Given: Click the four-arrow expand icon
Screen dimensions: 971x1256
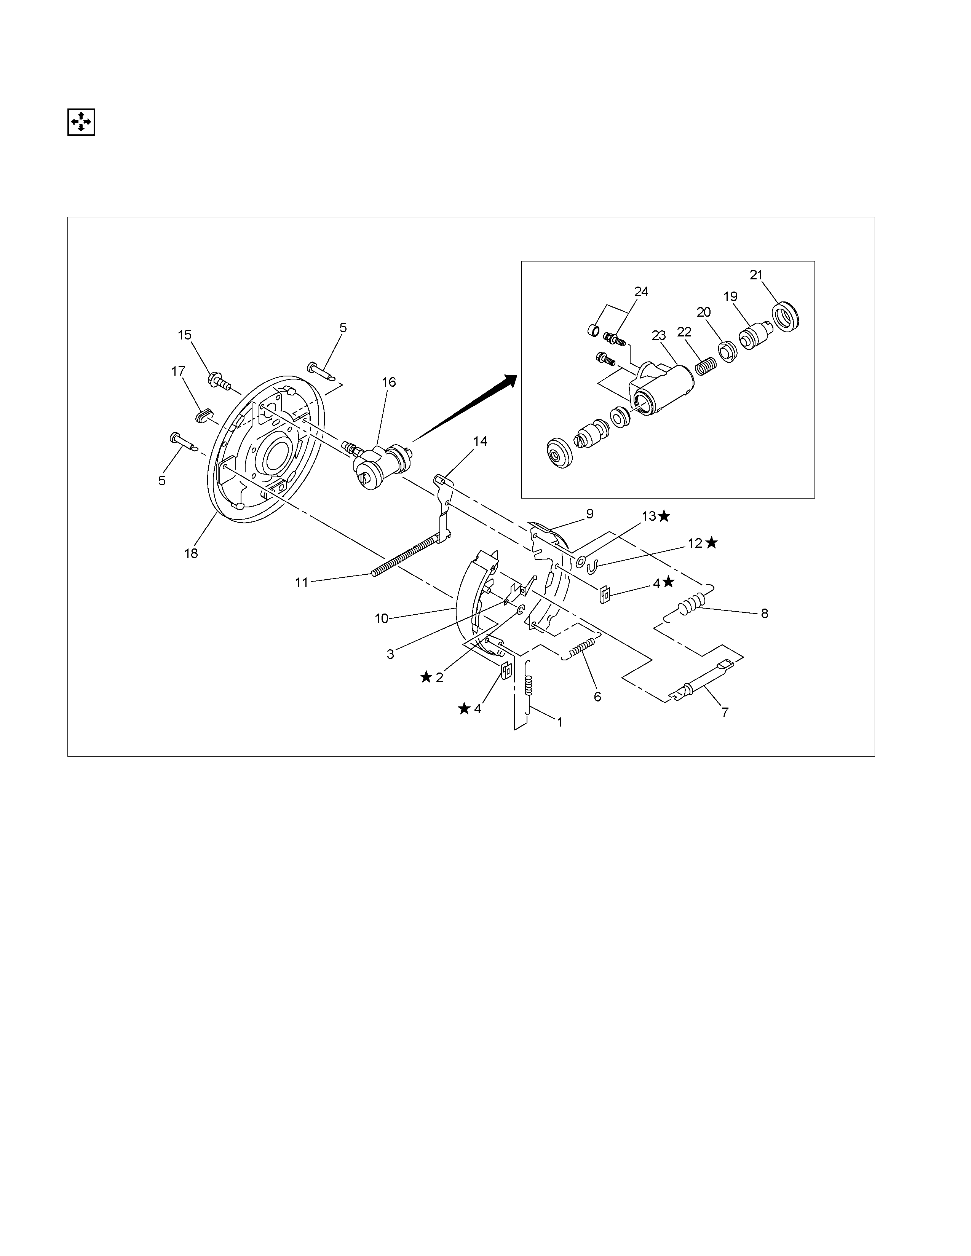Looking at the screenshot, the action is [81, 122].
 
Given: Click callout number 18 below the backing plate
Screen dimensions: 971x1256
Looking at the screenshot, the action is [191, 553].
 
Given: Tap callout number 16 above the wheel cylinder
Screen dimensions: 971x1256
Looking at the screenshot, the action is [389, 382].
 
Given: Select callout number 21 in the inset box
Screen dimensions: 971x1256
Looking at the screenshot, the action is [756, 275].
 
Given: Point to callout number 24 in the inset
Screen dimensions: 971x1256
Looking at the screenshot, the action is [641, 292].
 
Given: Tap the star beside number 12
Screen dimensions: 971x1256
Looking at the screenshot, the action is [712, 542].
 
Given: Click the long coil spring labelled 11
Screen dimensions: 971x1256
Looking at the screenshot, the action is [406, 555].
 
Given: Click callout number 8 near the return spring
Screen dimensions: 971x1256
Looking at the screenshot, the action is [764, 614].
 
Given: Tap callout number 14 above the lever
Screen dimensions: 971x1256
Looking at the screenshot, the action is [480, 441].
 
